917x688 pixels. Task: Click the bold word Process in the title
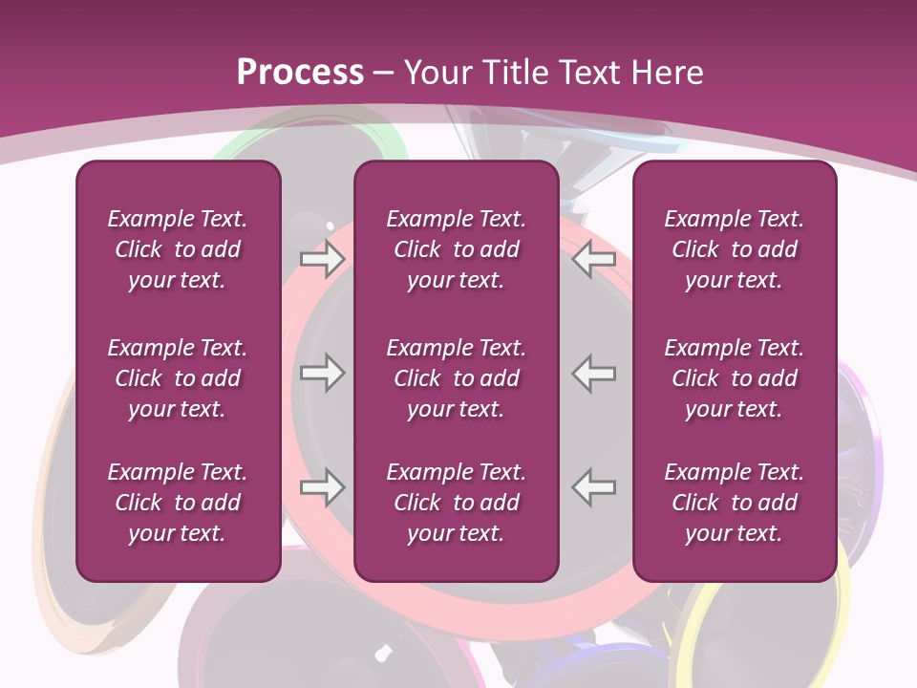(x=300, y=73)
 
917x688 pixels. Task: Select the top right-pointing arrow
(x=322, y=259)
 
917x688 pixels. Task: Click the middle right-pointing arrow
(x=322, y=373)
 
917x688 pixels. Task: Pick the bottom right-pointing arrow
(x=322, y=487)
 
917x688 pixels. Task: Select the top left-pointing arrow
(x=594, y=259)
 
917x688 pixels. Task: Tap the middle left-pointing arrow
(x=594, y=373)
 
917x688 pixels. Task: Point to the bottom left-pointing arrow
(x=594, y=487)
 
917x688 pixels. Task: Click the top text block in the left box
(x=178, y=249)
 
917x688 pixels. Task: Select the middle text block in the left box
(x=178, y=378)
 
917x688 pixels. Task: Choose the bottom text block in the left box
(x=178, y=503)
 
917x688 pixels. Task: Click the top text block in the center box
(x=456, y=249)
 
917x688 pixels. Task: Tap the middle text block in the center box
(x=456, y=378)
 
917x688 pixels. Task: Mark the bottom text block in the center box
(x=456, y=503)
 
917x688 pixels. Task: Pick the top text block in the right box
(x=735, y=249)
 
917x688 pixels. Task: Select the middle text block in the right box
(x=735, y=378)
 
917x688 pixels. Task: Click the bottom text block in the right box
(x=735, y=503)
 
